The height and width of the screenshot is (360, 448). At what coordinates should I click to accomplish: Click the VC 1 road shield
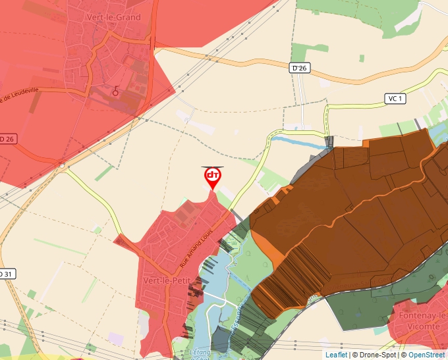pos(395,99)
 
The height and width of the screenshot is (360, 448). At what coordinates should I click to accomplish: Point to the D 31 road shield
pos(6,273)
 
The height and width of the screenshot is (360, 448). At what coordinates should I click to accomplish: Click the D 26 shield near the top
pos(299,68)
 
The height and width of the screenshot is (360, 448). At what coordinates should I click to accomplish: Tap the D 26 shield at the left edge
pos(7,139)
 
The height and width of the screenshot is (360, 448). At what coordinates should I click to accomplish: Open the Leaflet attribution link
pos(336,355)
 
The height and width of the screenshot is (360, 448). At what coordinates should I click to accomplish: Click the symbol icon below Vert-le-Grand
pos(116,91)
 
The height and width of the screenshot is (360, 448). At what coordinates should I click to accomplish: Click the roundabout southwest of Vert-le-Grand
pos(63,167)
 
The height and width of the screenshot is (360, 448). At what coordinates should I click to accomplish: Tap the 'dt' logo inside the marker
pos(212,175)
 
